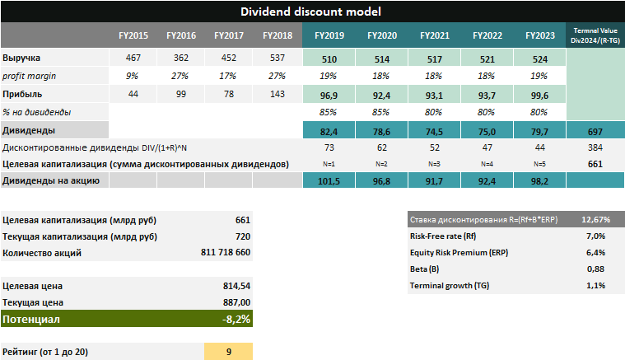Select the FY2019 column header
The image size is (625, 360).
[x=330, y=36]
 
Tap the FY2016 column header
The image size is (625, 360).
[x=181, y=36]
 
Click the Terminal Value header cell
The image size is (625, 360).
[x=595, y=36]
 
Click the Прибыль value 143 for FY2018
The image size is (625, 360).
[x=277, y=94]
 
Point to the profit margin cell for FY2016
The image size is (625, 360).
[x=181, y=76]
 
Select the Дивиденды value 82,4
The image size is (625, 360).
[x=330, y=130]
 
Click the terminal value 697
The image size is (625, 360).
[x=595, y=130]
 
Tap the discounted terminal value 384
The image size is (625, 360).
[x=595, y=147]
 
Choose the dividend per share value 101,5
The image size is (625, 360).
[x=330, y=180]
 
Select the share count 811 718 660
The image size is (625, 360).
[x=225, y=253]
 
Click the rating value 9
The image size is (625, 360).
[x=229, y=352]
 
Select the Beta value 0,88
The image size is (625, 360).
[x=595, y=269]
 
